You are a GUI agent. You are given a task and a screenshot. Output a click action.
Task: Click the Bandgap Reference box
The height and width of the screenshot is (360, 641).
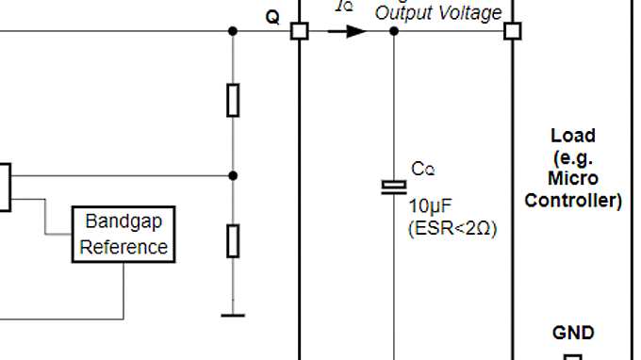click(123, 235)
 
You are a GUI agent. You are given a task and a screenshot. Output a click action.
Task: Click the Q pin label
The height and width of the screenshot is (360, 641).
click(272, 18)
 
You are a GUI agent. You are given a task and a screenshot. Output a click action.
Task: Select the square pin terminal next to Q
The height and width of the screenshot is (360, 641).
click(299, 31)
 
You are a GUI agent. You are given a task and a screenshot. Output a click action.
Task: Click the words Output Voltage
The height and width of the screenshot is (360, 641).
click(438, 13)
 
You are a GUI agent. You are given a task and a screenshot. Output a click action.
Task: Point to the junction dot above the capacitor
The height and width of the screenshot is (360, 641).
click(394, 31)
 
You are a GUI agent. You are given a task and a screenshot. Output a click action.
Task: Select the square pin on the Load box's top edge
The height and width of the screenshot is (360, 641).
click(512, 31)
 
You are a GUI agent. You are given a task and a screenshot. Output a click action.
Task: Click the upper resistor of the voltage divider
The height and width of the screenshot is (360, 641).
click(233, 100)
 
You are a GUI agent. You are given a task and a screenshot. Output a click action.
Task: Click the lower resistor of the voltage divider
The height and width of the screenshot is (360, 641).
click(233, 241)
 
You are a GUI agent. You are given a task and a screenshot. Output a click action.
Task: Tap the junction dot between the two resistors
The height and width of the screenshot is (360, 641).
click(233, 175)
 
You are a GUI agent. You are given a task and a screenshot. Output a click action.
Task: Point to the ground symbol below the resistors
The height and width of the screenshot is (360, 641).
click(233, 315)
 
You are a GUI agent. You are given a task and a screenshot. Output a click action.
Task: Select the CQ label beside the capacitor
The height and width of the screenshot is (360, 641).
click(423, 170)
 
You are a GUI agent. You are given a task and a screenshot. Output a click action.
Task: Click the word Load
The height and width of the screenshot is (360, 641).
click(573, 136)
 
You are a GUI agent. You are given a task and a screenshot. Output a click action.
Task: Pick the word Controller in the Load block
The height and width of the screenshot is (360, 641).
click(573, 200)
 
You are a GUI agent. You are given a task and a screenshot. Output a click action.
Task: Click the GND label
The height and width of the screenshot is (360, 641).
click(573, 333)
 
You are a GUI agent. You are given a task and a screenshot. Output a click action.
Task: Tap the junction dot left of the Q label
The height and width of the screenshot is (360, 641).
click(233, 31)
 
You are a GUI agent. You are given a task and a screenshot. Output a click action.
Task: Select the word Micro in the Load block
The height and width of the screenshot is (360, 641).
click(573, 178)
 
